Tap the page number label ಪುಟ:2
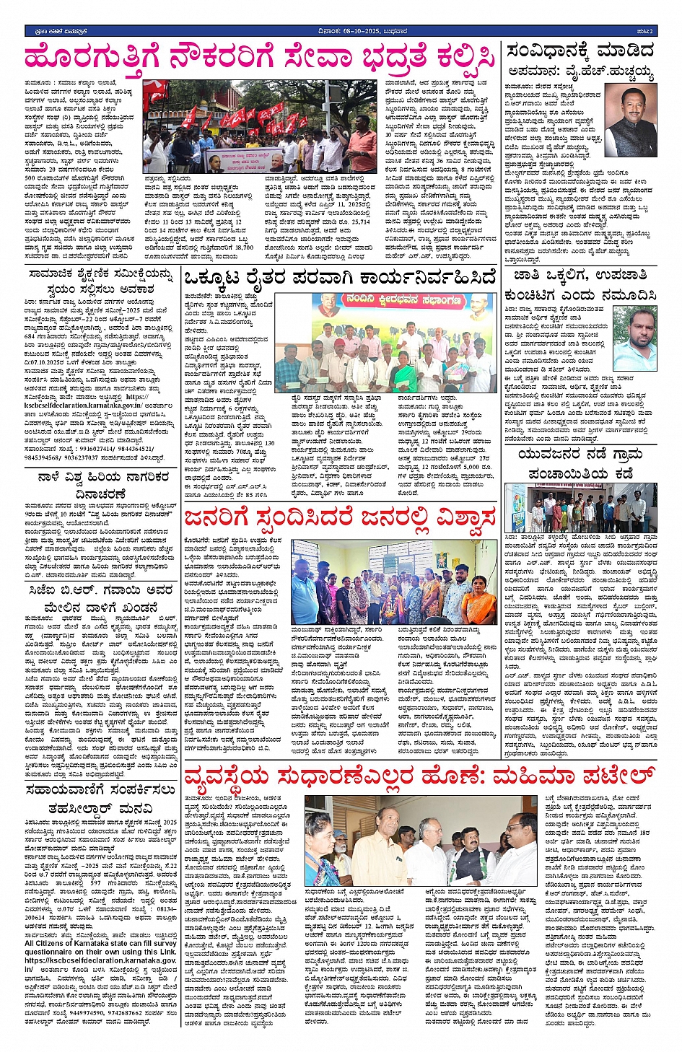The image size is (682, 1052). (x=644, y=31)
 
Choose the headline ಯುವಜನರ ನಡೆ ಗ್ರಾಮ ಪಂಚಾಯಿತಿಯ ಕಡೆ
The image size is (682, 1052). (x=580, y=464)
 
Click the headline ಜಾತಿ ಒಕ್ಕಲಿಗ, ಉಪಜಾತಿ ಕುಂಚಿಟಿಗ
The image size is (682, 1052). (x=580, y=284)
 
